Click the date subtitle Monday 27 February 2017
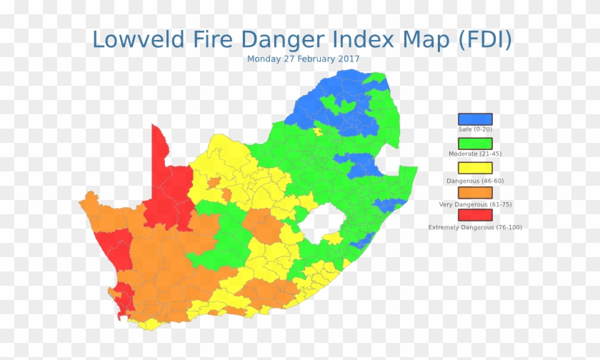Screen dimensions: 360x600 pos(303,59)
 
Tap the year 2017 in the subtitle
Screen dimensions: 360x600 pos(348,59)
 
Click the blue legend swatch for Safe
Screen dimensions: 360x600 pos(475,119)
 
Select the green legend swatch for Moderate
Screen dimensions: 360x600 pos(475,144)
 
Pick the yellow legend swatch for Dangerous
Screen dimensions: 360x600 pos(475,169)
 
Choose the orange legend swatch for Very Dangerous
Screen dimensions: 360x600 pos(475,193)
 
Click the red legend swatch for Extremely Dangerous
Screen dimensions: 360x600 pos(475,215)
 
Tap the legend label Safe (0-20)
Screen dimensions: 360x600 pos(475,129)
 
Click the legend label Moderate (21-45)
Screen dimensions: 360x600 pos(475,154)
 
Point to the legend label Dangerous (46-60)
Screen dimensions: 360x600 pos(475,180)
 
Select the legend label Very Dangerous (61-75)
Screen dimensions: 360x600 pos(475,204)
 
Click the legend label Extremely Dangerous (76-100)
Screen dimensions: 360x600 pos(475,227)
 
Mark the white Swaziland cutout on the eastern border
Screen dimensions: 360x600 pos(389,159)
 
